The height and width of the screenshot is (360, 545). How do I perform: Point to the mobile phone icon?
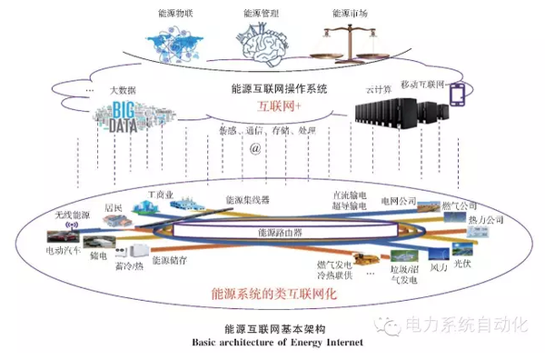click(458, 95)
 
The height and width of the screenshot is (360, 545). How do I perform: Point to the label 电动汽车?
click(64, 247)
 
